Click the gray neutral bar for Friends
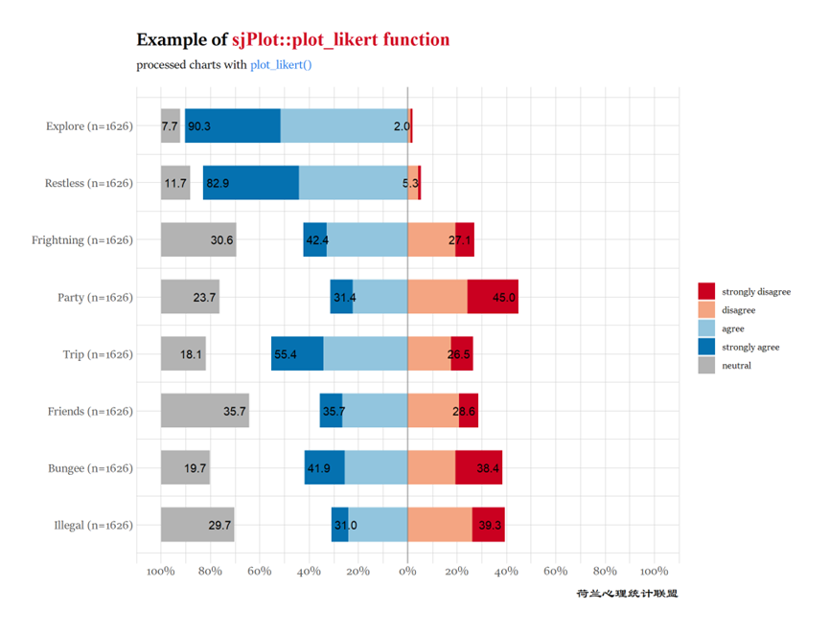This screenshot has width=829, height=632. click(x=204, y=411)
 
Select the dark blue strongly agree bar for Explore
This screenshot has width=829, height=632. click(x=233, y=125)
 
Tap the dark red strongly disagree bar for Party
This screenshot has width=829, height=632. click(x=493, y=297)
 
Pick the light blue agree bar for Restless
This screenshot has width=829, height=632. click(x=353, y=183)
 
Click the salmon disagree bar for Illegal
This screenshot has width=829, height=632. click(x=440, y=525)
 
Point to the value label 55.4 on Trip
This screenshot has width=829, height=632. click(x=286, y=354)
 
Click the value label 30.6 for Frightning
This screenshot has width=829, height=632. click(x=222, y=240)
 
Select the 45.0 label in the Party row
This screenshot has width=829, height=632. click(x=504, y=297)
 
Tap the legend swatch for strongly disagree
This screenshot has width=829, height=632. click(x=706, y=290)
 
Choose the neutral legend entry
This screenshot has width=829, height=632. click(x=736, y=365)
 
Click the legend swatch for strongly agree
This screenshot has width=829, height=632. click(x=706, y=347)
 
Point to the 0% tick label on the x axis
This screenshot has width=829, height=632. click(x=407, y=572)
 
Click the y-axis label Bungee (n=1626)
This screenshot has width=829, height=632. click(x=90, y=468)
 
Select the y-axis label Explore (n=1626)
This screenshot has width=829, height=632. click(x=89, y=125)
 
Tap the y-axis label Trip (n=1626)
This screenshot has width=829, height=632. click(x=98, y=354)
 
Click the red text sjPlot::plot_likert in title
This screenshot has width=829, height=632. click(x=340, y=40)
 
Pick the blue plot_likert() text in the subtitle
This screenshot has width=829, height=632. click(x=281, y=65)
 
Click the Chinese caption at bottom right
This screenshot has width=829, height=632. click(x=627, y=594)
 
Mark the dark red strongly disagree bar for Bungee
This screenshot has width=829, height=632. click(x=478, y=468)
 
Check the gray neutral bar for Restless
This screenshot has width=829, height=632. click(x=175, y=183)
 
